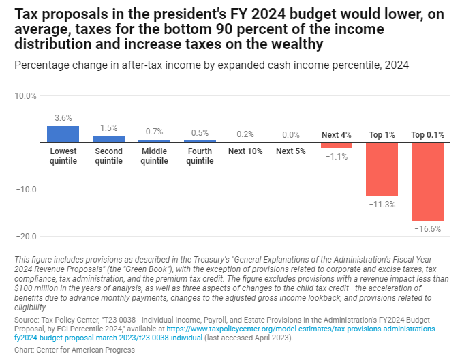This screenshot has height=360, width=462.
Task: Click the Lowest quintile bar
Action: coord(63,134)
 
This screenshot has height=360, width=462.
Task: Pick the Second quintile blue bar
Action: coord(109,139)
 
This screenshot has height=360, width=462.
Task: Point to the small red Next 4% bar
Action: coord(337,145)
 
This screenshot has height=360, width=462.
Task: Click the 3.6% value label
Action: coord(63,118)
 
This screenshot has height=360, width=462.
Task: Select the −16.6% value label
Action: coord(427,229)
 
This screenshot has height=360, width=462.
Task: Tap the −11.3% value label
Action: coord(382,205)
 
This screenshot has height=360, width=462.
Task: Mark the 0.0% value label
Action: coord(291,135)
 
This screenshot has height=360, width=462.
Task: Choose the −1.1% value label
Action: coord(337,157)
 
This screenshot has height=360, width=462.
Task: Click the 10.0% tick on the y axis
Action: coord(25,96)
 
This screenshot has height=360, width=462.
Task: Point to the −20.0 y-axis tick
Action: coord(25,237)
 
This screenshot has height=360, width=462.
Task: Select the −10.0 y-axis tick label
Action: coord(25,190)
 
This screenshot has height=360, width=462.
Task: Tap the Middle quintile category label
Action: coord(154,156)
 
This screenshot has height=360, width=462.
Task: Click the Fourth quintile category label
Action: coord(200,156)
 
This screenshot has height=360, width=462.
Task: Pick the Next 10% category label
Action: coord(245,151)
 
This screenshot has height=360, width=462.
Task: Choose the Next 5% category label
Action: coord(291,151)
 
